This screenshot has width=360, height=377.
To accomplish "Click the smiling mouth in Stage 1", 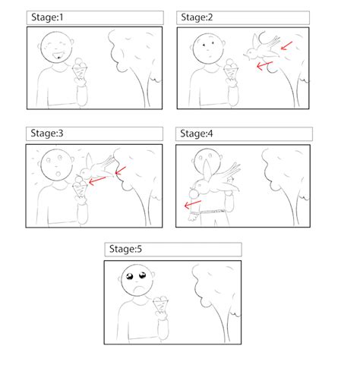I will [x=56, y=55].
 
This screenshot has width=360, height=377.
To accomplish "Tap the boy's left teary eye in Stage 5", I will [x=130, y=275].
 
